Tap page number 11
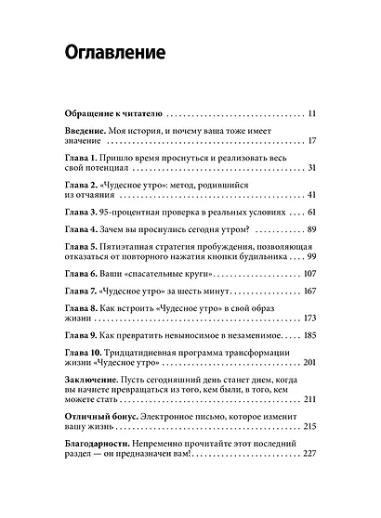(x=311, y=114)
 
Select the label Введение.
(x=89, y=131)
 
